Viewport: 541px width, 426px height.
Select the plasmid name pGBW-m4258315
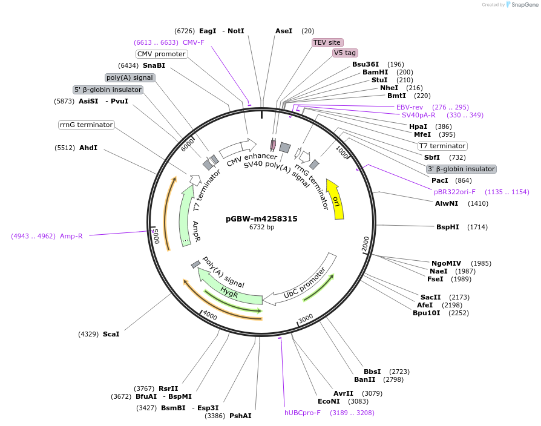pos(261,219)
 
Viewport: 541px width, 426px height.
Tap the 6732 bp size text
pos(261,228)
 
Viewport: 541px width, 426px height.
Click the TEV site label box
pos(327,42)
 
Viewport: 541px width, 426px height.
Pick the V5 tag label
pos(345,53)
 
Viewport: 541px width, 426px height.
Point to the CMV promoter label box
pos(161,54)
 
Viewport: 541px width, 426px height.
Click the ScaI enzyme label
pos(111,334)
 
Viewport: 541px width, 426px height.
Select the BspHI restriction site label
pos(448,227)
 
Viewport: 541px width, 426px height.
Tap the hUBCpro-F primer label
pos(303,413)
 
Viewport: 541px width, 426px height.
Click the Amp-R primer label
pos(71,236)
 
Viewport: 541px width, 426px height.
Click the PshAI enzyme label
pos(240,416)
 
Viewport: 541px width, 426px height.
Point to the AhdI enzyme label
pos(88,148)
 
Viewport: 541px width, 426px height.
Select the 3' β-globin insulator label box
pos(461,169)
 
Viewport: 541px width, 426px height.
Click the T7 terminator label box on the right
pos(442,146)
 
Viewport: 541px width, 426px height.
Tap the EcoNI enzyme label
pos(329,401)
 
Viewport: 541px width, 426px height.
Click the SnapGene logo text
pos(524,5)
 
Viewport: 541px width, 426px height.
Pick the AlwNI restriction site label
pos(447,203)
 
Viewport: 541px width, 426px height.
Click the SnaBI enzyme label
pos(154,65)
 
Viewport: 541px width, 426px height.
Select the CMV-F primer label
pos(194,42)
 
